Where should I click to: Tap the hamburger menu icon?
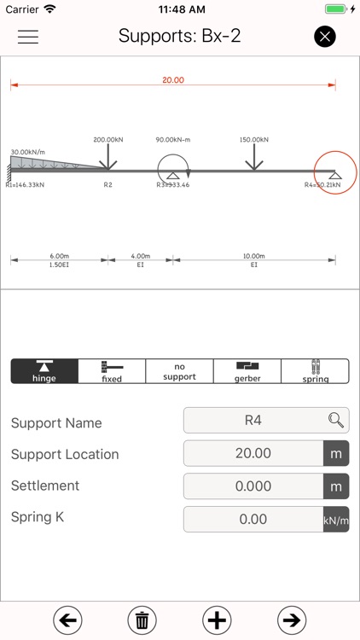click(28, 38)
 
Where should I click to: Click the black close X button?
click(325, 37)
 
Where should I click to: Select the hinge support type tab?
click(44, 371)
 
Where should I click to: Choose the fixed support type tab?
click(112, 371)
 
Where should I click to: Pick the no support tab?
click(179, 371)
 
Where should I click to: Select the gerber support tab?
click(247, 371)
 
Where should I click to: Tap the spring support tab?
click(315, 371)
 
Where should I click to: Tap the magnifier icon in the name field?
click(336, 420)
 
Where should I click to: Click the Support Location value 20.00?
click(253, 453)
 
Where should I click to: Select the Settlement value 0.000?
click(253, 486)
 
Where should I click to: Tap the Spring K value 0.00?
click(253, 519)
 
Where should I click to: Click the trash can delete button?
click(141, 620)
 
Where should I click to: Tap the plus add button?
click(217, 620)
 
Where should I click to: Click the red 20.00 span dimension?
click(173, 80)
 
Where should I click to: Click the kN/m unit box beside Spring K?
click(336, 519)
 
